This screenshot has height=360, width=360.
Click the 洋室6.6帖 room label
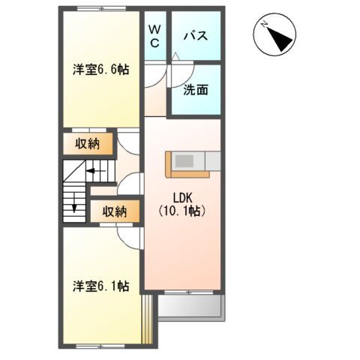coord(100,70)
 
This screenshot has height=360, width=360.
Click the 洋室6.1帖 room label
coord(100,286)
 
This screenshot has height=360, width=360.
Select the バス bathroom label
coord(196,36)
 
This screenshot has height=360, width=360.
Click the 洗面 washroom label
coord(196,90)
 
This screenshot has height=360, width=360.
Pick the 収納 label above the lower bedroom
coord(114,211)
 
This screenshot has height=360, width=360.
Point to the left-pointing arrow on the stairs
coord(93,172)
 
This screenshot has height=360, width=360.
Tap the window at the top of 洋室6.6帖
coord(100,9)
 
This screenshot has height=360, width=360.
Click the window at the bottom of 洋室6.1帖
coord(100,346)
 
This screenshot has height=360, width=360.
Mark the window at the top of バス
coord(196,9)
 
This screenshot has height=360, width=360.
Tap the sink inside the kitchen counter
coord(184,160)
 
